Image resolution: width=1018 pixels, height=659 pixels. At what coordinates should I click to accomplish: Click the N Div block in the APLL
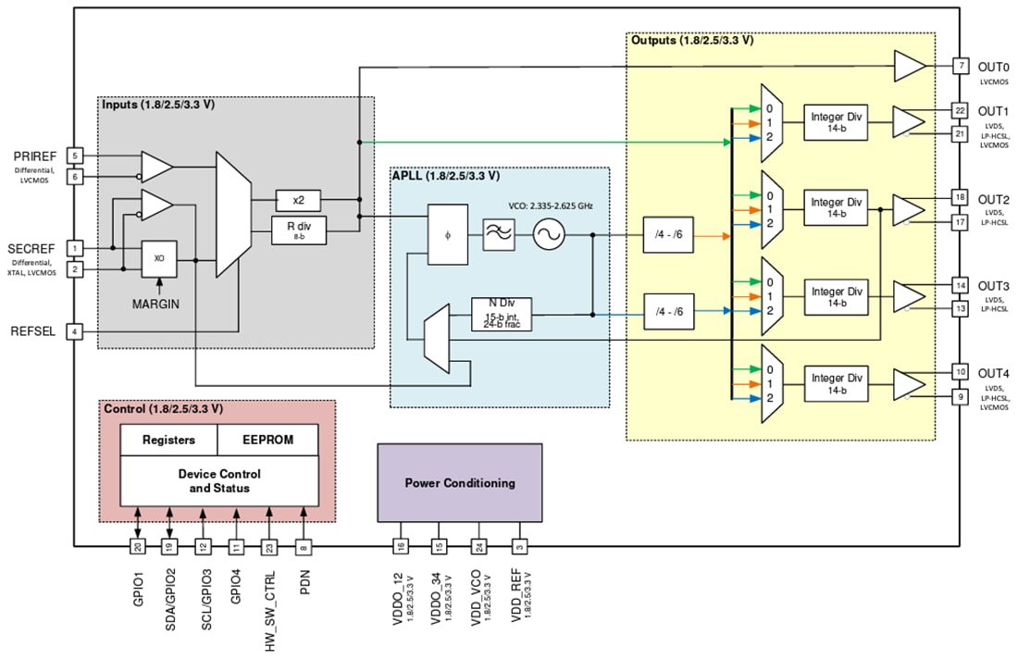tap(502, 314)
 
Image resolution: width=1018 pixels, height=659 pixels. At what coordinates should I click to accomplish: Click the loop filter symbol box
tap(500, 236)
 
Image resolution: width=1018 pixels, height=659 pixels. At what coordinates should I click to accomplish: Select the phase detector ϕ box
tap(447, 235)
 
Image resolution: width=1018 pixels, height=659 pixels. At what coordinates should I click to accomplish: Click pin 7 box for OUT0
tap(962, 66)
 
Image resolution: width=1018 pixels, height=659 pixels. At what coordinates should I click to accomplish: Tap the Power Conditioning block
tap(459, 482)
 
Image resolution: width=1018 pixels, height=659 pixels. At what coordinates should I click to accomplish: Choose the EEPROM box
tap(267, 440)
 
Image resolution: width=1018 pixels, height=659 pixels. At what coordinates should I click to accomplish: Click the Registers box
tap(168, 440)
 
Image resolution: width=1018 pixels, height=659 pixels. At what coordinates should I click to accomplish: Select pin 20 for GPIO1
tap(137, 547)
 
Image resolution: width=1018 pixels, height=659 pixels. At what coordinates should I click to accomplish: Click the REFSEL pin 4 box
tap(75, 330)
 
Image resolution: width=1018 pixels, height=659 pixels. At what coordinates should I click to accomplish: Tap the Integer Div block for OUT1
tap(837, 121)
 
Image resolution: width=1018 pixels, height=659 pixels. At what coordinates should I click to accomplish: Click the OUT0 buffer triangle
tap(909, 66)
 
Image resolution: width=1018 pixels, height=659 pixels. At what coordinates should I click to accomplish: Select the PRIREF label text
tap(35, 155)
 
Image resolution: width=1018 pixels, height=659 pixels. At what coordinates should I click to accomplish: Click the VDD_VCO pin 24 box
tap(478, 547)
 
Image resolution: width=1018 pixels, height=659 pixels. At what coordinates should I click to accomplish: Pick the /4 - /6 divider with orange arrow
tap(669, 236)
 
